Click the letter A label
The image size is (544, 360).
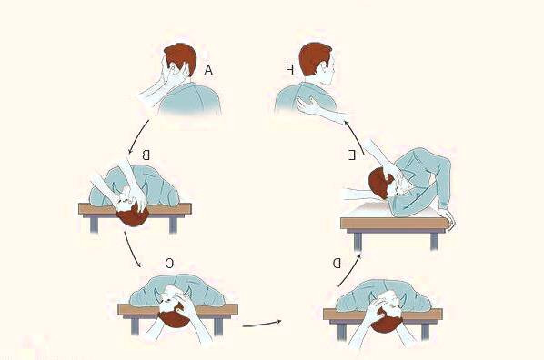[x=208, y=70]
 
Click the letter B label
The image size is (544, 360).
[x=146, y=155]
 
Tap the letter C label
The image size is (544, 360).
[x=169, y=264]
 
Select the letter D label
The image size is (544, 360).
[x=337, y=264]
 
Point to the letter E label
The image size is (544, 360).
[x=352, y=155]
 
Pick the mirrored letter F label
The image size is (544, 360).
[x=290, y=69]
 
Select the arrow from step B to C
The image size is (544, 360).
[x=131, y=249]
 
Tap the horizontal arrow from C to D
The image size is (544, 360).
[x=262, y=324]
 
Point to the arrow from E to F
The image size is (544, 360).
[x=356, y=136]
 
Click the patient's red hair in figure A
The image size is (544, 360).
[x=179, y=55]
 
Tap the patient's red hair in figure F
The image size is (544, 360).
[x=313, y=57]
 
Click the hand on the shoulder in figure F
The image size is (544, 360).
[x=307, y=105]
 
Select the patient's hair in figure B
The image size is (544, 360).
[x=133, y=217]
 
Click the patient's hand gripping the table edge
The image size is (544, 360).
[x=447, y=219]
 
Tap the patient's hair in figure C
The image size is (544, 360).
[x=175, y=317]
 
